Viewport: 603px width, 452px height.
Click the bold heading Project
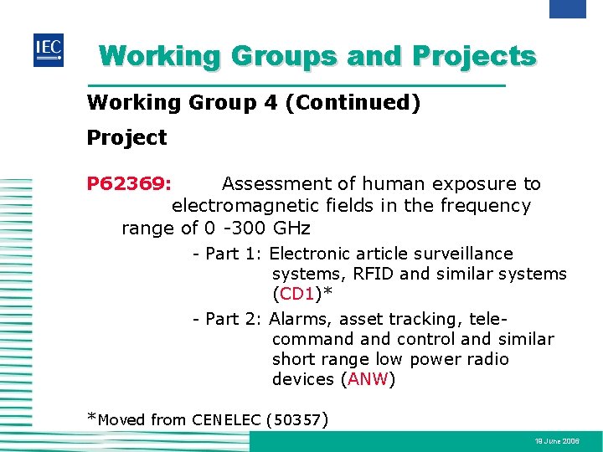(x=126, y=137)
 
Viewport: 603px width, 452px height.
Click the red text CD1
(x=296, y=294)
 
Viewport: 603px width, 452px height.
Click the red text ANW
(x=368, y=379)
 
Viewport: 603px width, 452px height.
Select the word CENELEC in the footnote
(x=226, y=420)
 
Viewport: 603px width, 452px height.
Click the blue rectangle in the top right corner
(x=567, y=8)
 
